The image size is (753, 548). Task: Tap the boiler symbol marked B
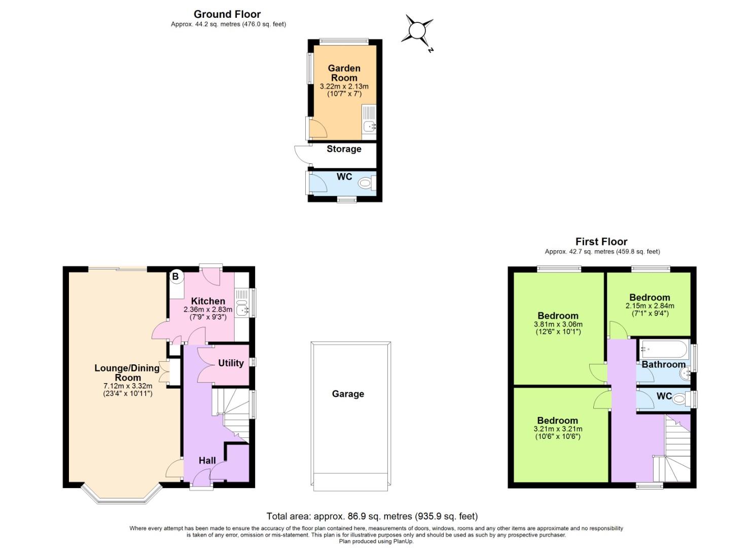(x=175, y=277)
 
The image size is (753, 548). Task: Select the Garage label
(x=348, y=394)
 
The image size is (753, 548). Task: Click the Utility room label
(x=231, y=363)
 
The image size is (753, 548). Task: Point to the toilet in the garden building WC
(x=366, y=183)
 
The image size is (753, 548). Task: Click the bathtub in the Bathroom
(x=664, y=349)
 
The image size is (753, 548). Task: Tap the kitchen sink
(x=242, y=306)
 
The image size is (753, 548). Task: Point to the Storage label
(x=344, y=149)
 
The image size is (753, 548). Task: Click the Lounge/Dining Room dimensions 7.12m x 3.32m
(x=128, y=386)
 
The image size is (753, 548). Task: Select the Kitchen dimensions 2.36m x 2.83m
(x=208, y=310)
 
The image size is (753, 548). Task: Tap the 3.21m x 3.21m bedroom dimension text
(x=558, y=429)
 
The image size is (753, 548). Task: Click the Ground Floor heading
(x=227, y=14)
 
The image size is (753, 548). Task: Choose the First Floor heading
(x=601, y=242)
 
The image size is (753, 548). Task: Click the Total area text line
(x=372, y=517)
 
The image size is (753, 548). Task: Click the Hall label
(x=207, y=461)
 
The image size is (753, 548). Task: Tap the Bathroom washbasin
(x=684, y=374)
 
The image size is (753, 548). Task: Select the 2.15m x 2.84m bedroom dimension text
(x=650, y=306)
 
